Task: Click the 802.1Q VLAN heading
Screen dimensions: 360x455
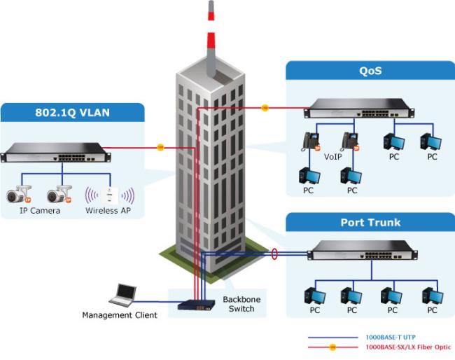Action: pyautogui.click(x=73, y=113)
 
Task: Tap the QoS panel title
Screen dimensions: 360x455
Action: pyautogui.click(x=370, y=71)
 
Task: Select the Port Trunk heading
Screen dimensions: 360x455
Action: pyautogui.click(x=370, y=223)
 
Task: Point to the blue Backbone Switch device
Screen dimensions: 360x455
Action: pyautogui.click(x=197, y=304)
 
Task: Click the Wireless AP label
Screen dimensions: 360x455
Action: pyautogui.click(x=108, y=210)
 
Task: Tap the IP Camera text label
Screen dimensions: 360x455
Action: pyautogui.click(x=40, y=210)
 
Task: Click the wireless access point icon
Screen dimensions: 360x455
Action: pyautogui.click(x=109, y=194)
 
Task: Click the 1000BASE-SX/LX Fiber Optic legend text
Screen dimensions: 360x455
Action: pyautogui.click(x=407, y=347)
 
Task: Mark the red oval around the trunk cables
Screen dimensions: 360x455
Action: pyautogui.click(x=274, y=253)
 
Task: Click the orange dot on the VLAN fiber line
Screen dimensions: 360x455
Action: pyautogui.click(x=160, y=147)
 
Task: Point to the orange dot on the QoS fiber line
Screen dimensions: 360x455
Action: pyautogui.click(x=265, y=108)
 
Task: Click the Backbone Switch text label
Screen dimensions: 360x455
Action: pyautogui.click(x=241, y=304)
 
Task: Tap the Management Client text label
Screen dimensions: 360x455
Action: pyautogui.click(x=119, y=315)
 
